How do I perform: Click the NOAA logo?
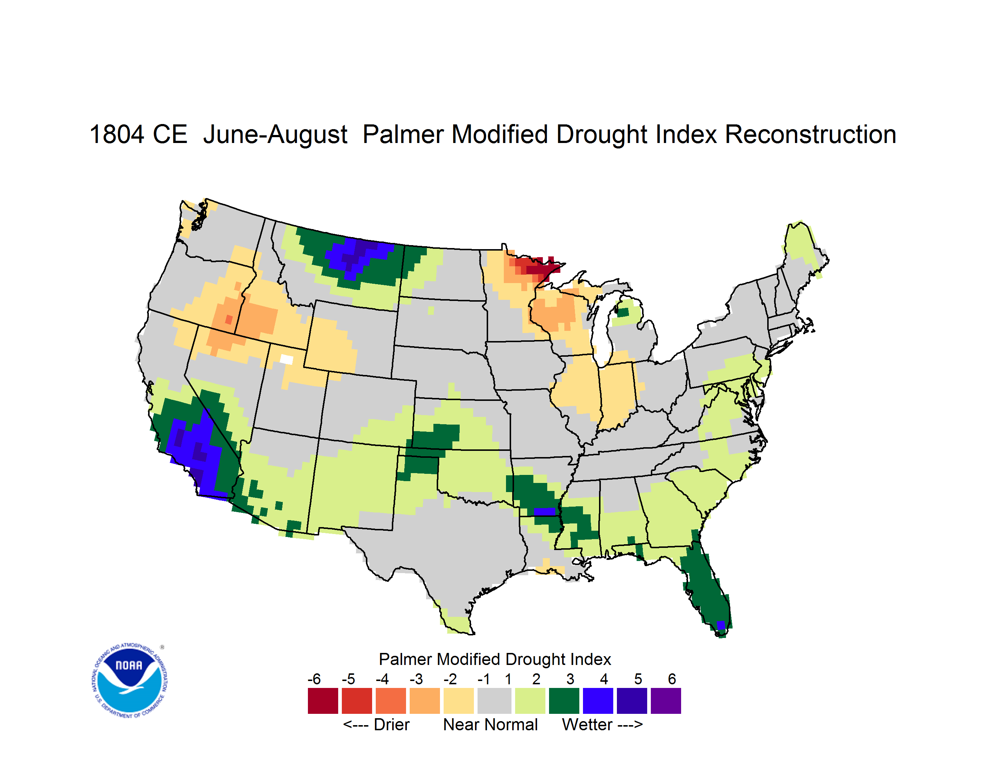[130, 681]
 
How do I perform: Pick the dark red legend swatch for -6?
[323, 701]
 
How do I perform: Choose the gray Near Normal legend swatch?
[494, 701]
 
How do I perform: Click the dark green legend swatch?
[564, 701]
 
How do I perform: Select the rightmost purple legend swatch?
[666, 701]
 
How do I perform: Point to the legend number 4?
[604, 679]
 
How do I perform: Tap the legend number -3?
[416, 679]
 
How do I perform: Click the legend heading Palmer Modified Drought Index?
[495, 659]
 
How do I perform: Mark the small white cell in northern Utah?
[286, 359]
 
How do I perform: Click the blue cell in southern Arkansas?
[544, 511]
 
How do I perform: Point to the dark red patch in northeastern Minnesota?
[541, 268]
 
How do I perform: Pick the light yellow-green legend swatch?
[530, 701]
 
